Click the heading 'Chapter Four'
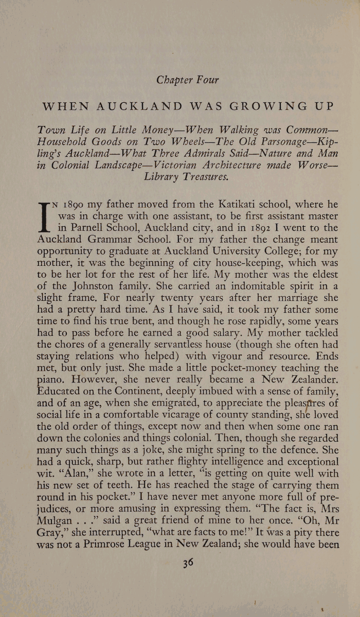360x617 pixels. point(188,80)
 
